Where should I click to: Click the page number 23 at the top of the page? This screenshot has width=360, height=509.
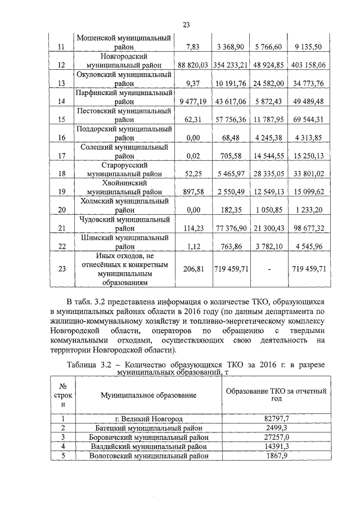[x=186, y=24]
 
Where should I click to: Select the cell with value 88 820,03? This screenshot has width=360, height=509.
[x=193, y=66]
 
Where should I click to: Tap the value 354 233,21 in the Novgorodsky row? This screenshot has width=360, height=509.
[x=231, y=66]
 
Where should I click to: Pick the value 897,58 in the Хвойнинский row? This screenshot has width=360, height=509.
[x=193, y=192]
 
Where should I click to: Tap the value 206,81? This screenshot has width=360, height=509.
[x=193, y=269]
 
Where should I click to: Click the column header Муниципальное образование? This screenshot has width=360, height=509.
[x=148, y=395]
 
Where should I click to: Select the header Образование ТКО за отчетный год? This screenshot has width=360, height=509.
[x=275, y=395]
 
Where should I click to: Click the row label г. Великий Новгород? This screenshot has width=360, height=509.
[x=148, y=419]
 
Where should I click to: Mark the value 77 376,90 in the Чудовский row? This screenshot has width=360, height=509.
[x=231, y=228]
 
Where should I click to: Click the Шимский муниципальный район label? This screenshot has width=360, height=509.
[x=124, y=241]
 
